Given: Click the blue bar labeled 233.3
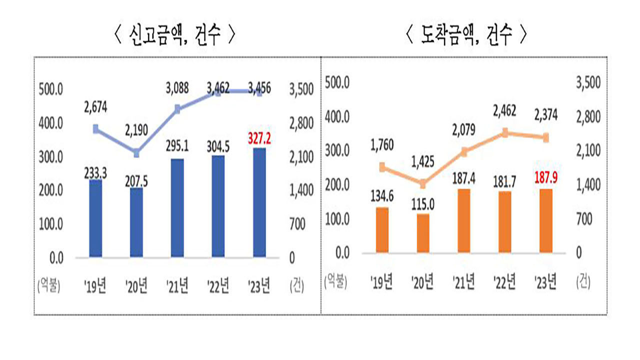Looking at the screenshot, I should pyautogui.click(x=95, y=219).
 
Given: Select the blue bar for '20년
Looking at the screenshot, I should pyautogui.click(x=136, y=223).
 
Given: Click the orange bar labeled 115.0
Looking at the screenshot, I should pyautogui.click(x=422, y=233).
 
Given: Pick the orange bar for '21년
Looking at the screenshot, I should pyautogui.click(x=463, y=220).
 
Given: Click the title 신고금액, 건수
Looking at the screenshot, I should pyautogui.click(x=174, y=36).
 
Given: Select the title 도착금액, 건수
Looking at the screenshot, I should pyautogui.click(x=466, y=36).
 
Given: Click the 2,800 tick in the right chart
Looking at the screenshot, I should pyautogui.click(x=588, y=117).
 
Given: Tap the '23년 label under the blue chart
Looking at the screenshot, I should pyautogui.click(x=258, y=286).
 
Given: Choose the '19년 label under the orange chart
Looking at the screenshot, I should pyautogui.click(x=381, y=283).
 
